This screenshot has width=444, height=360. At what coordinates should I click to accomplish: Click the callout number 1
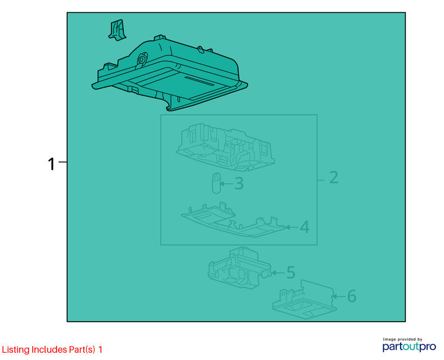click(51, 164)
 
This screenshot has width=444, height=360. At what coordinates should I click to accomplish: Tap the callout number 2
click(334, 178)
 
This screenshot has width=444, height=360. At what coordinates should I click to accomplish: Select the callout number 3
click(239, 184)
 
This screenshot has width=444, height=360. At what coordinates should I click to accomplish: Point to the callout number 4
click(304, 227)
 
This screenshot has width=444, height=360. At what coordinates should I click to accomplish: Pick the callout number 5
click(291, 272)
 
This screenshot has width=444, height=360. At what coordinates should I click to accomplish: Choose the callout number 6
click(351, 296)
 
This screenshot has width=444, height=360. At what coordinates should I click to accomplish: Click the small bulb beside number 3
click(216, 183)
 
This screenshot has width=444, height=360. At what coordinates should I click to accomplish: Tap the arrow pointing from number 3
click(226, 184)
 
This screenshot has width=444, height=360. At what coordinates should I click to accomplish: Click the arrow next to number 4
click(292, 227)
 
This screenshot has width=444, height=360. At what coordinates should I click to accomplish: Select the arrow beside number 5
click(278, 273)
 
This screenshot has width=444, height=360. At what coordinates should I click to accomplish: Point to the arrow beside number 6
click(339, 297)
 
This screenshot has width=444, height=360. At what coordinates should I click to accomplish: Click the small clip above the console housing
click(117, 30)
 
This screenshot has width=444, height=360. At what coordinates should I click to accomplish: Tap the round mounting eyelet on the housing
click(142, 59)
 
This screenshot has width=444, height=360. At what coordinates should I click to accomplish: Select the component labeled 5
click(240, 268)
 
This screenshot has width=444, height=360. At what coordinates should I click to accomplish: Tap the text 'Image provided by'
click(402, 339)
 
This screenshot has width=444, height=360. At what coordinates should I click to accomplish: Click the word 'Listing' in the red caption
click(16, 350)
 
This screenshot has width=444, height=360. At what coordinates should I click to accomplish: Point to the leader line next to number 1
click(63, 162)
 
